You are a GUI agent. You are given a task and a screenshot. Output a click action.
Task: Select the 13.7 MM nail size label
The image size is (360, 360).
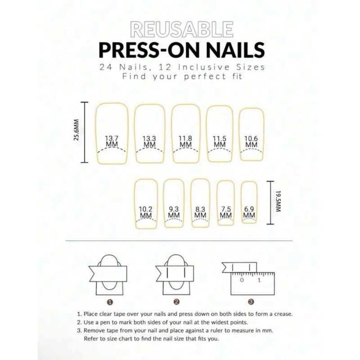(x=112, y=141)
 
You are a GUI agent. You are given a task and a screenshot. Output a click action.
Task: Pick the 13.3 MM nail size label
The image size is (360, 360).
(x=149, y=141)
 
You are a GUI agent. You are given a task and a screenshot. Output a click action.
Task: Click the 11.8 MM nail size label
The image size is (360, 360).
(x=185, y=141)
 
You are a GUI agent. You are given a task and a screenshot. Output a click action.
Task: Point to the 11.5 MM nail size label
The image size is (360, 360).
(x=220, y=141)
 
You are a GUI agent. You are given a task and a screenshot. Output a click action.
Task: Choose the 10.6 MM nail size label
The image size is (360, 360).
(x=251, y=141)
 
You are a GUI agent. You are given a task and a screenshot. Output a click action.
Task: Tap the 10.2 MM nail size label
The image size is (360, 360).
(x=145, y=212)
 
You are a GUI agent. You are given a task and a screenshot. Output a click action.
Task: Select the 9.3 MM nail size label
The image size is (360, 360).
(x=174, y=212)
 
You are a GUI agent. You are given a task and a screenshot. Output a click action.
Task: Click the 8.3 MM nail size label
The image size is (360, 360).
(x=200, y=212)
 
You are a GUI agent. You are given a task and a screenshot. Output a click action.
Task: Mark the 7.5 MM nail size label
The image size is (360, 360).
(x=226, y=212)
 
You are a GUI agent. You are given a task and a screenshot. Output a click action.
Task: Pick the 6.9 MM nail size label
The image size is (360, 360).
(x=249, y=212)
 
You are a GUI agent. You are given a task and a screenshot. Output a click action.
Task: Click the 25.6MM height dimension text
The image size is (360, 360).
(x=77, y=130)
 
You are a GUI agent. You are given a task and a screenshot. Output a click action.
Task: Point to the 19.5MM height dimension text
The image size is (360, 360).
(x=279, y=201)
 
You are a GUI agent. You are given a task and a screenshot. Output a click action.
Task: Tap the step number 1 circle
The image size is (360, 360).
(x=110, y=302)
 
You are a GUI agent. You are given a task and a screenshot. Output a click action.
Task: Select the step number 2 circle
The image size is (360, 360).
(x=176, y=302)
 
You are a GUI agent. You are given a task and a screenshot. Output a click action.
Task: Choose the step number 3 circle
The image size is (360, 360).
(x=251, y=302)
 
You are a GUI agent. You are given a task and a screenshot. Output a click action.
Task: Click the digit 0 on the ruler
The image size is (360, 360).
(x=242, y=280)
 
